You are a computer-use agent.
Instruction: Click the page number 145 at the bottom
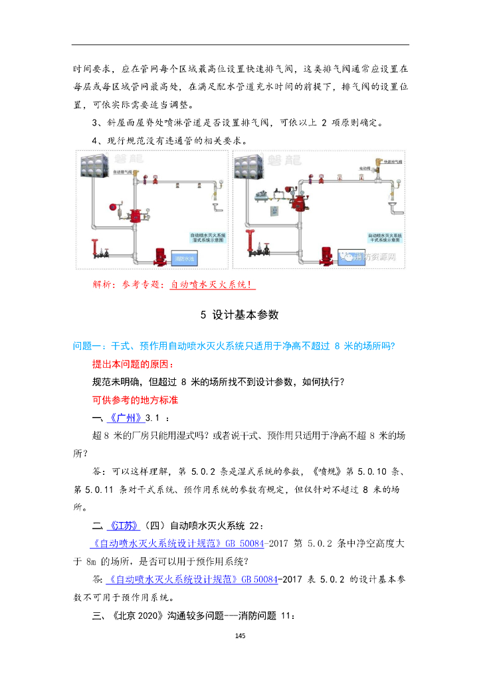[241, 636]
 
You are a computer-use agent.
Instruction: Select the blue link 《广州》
[125, 418]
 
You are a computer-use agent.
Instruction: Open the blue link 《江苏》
[124, 525]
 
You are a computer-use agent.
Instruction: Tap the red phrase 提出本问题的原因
[132, 365]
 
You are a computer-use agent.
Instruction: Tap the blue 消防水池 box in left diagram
[187, 258]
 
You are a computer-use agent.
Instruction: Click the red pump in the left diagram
[160, 255]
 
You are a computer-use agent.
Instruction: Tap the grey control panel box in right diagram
[274, 212]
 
